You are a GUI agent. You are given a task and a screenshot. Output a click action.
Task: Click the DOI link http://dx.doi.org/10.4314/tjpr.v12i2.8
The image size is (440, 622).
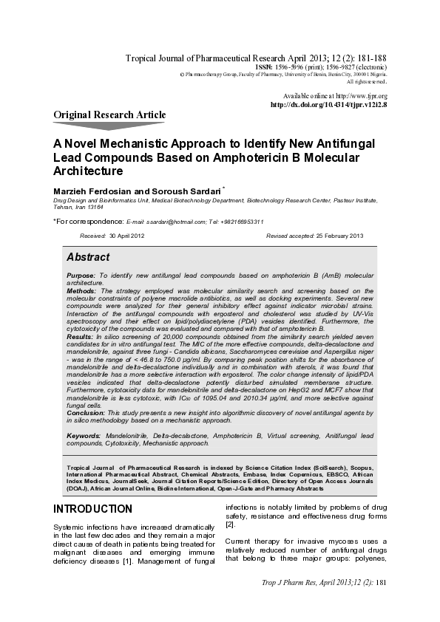tap(329, 105)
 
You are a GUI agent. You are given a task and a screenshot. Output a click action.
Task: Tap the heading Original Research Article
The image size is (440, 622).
tap(109, 115)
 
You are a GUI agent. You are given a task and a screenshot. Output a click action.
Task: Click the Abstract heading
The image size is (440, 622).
tap(88, 257)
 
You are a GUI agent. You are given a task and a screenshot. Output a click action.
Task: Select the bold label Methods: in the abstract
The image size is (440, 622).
tap(81, 292)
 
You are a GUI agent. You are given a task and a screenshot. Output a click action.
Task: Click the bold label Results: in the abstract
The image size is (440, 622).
tap(81, 335)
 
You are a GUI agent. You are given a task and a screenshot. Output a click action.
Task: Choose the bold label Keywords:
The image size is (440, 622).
tap(84, 436)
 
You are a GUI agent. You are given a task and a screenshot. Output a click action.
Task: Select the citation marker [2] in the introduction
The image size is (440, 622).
tap(230, 524)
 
